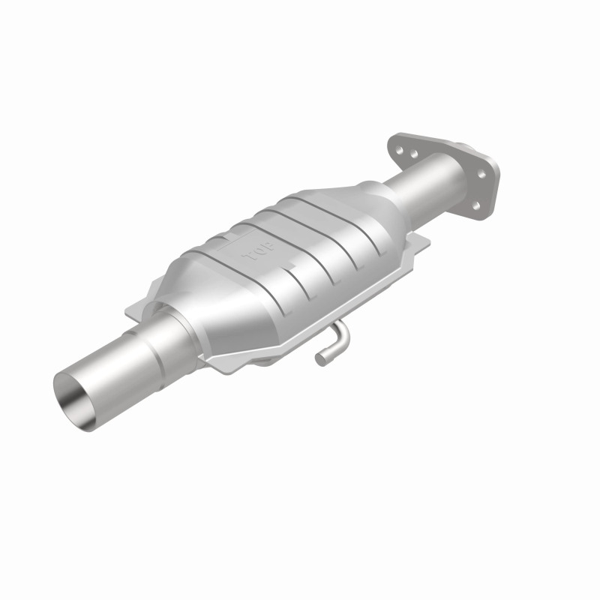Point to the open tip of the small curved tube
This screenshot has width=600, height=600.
pos(320,359)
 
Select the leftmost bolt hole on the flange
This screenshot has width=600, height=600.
pos(401,149)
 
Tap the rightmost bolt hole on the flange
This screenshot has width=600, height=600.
pos(481,174)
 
